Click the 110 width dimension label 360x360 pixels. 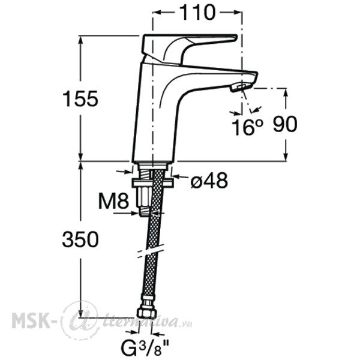tap(197, 13)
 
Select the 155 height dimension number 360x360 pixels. tap(80, 99)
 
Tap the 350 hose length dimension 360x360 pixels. tap(80, 239)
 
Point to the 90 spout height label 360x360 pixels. tap(285, 124)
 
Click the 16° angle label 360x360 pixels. tap(247, 127)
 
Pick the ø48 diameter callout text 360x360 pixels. tap(209, 180)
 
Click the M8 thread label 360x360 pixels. tap(113, 200)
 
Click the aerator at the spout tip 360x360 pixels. tap(241, 88)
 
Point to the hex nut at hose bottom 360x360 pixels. tap(146, 313)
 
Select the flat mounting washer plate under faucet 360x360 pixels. tap(152, 183)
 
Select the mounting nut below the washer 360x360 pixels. tap(144, 196)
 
